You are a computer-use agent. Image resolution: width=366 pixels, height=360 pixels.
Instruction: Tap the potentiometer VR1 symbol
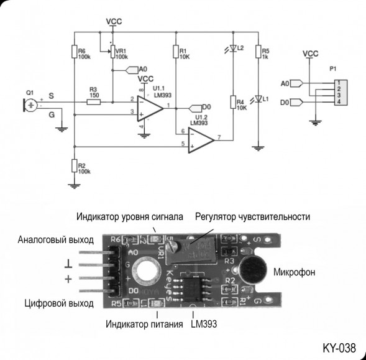coord(112,52)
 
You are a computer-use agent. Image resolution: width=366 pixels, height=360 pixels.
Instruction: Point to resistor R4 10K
coord(232,102)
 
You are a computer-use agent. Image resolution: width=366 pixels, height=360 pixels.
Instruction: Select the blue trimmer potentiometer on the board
coord(192,249)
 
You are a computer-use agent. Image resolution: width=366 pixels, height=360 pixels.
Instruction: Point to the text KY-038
coord(339,347)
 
